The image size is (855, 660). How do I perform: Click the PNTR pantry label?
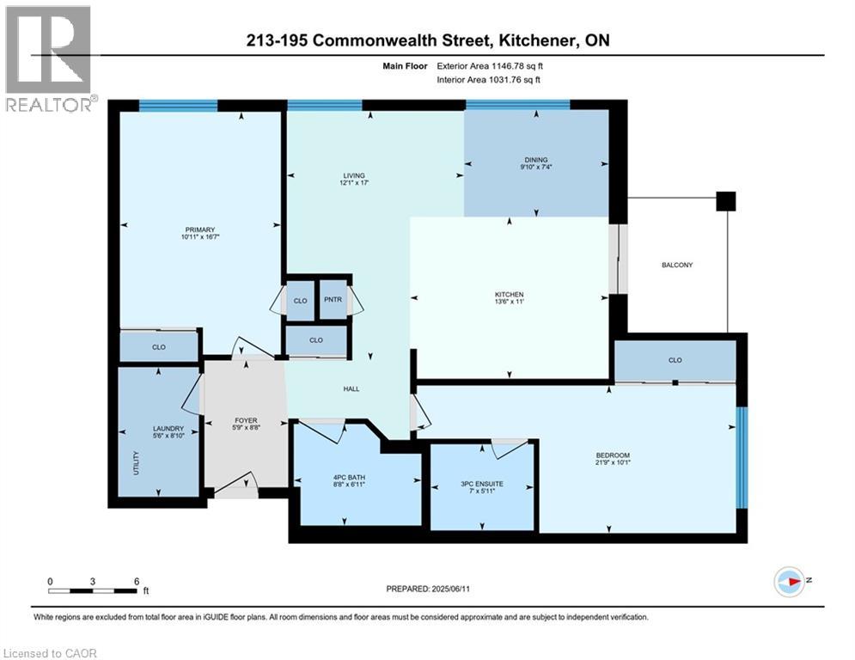pos(333,301)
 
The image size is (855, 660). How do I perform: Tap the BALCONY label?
pos(677,265)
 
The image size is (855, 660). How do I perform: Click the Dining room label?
pos(536,160)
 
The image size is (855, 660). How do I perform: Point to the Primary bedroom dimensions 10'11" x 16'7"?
pos(199,237)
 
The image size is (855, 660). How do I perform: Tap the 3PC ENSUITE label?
pos(481,484)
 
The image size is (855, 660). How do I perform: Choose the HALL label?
pos(351,388)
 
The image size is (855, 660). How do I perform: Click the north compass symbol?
pos(790,581)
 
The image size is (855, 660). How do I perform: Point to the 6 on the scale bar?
pos(136,581)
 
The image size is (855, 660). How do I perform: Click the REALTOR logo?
pos(49,59)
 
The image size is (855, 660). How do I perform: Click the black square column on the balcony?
pos(726,201)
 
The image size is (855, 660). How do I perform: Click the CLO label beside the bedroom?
pos(675,361)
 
